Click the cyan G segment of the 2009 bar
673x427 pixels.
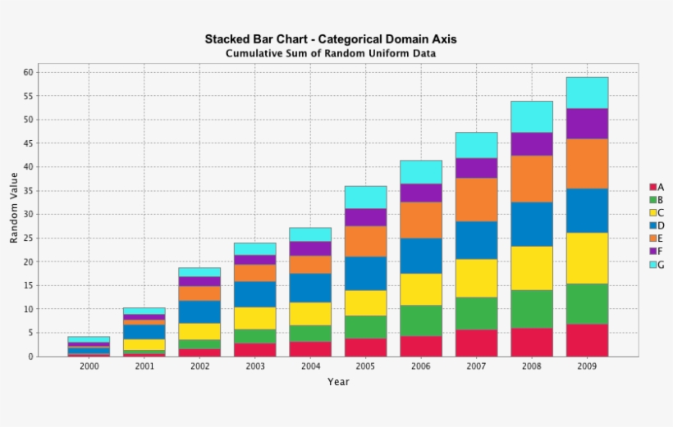tap(587, 93)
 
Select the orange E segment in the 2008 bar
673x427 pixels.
tap(532, 179)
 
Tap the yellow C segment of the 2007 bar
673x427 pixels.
tap(476, 278)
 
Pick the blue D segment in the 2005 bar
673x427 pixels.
tap(366, 274)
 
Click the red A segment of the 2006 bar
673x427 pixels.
tap(421, 347)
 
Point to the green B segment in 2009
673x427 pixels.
tap(587, 304)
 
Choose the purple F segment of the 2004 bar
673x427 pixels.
tap(310, 248)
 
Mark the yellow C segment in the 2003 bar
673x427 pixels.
tap(255, 318)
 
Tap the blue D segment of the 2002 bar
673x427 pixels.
tap(199, 312)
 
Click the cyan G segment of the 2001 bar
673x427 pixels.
tap(144, 311)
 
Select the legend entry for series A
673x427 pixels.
tap(657, 188)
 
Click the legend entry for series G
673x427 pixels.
tap(657, 265)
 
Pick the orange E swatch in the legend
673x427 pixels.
tap(652, 238)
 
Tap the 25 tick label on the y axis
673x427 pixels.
tap(29, 238)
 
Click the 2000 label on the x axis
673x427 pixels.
tap(89, 366)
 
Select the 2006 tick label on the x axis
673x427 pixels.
tap(421, 366)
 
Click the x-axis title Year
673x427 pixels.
tap(338, 382)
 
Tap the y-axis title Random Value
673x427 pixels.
tap(14, 208)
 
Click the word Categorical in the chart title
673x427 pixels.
tap(350, 39)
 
